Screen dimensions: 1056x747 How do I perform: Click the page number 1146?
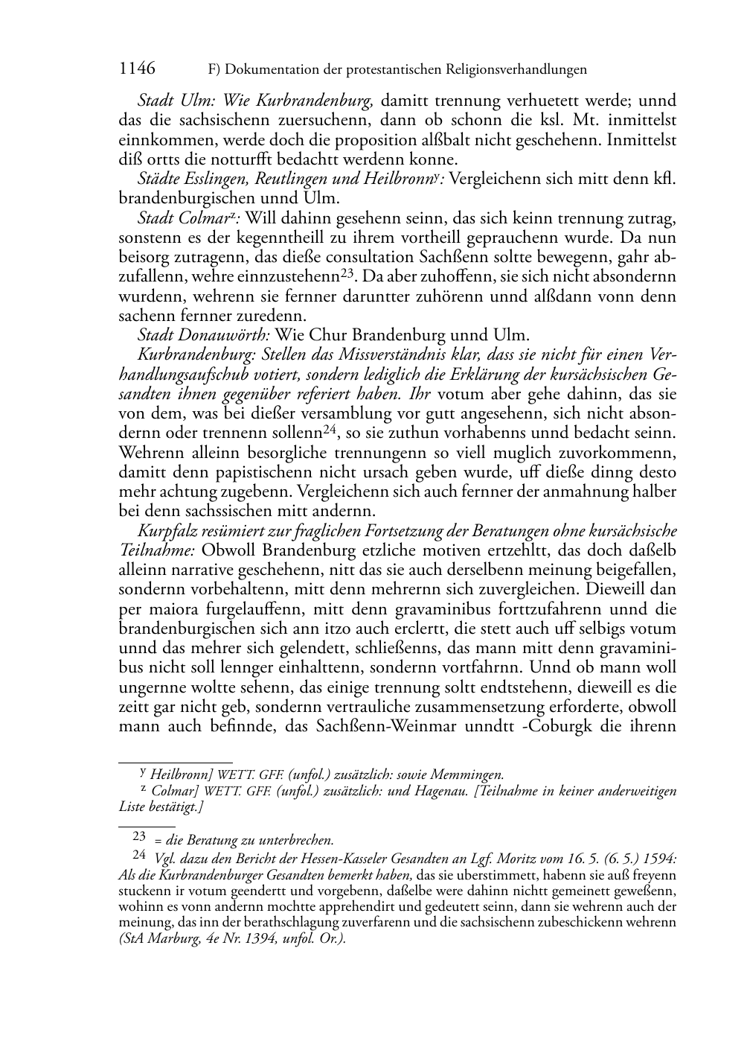(137, 69)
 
